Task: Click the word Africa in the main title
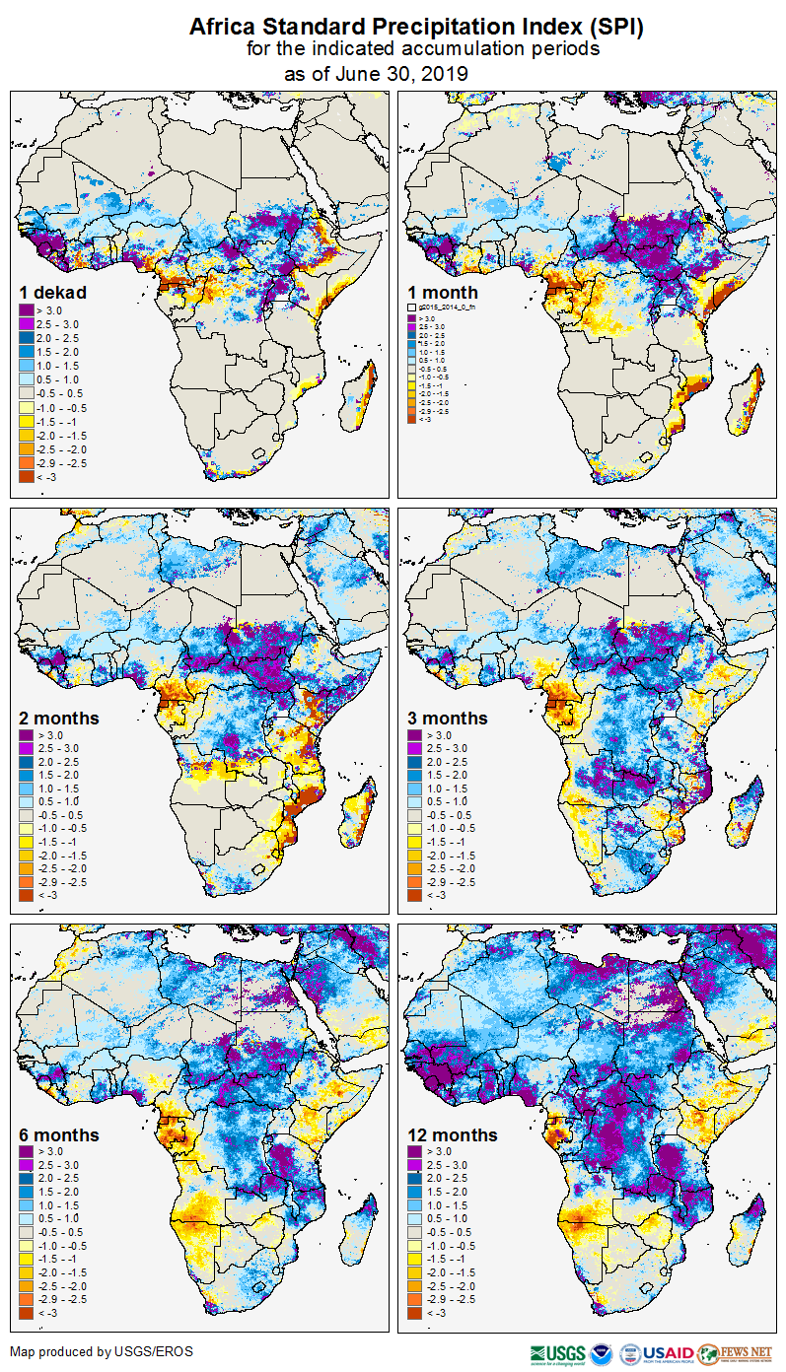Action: [x=226, y=27]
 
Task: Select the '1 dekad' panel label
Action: [x=52, y=293]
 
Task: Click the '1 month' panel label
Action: [x=443, y=293]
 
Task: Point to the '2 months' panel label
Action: [x=59, y=719]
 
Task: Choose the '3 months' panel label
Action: [x=448, y=719]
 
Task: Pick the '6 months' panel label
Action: [x=59, y=1135]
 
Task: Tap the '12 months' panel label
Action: [x=453, y=1135]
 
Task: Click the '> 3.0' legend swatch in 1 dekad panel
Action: [x=28, y=310]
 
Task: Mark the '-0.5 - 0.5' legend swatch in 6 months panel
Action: [x=28, y=1232]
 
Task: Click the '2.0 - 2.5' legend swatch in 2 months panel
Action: [x=28, y=763]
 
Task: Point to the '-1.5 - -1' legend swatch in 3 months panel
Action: [x=416, y=842]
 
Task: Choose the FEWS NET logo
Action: [x=735, y=1353]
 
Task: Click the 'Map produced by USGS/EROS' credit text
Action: [x=102, y=1352]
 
